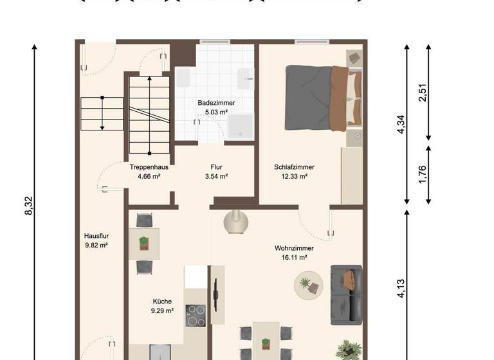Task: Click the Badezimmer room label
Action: pyautogui.click(x=216, y=103)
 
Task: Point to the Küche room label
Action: pyautogui.click(x=163, y=301)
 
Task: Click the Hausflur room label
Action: pyautogui.click(x=95, y=235)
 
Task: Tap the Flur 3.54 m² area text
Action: pyautogui.click(x=216, y=175)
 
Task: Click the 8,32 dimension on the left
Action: pyautogui.click(x=29, y=206)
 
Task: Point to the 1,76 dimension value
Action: pyautogui.click(x=423, y=174)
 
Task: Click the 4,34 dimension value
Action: pyautogui.click(x=401, y=123)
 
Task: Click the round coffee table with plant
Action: pyautogui.click(x=309, y=284)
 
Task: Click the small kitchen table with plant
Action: pyautogui.click(x=144, y=243)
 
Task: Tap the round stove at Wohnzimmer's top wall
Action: pyautogui.click(x=236, y=222)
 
